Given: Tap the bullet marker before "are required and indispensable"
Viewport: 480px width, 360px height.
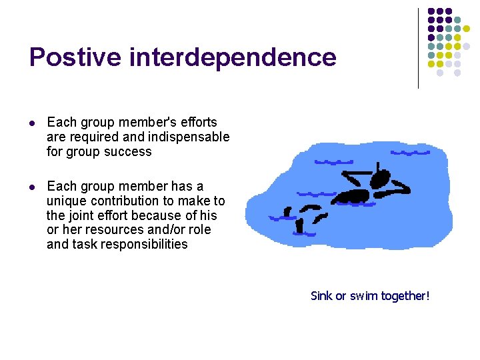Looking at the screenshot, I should (x=33, y=123).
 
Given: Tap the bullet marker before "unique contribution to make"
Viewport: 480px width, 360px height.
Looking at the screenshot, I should (x=33, y=187).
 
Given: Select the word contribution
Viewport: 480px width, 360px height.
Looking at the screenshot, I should (x=123, y=201).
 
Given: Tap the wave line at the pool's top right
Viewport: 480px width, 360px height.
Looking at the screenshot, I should (x=410, y=153).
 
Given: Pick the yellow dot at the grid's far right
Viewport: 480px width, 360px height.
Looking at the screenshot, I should (x=467, y=29).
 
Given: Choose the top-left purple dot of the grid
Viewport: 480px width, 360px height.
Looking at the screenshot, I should (x=431, y=11).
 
